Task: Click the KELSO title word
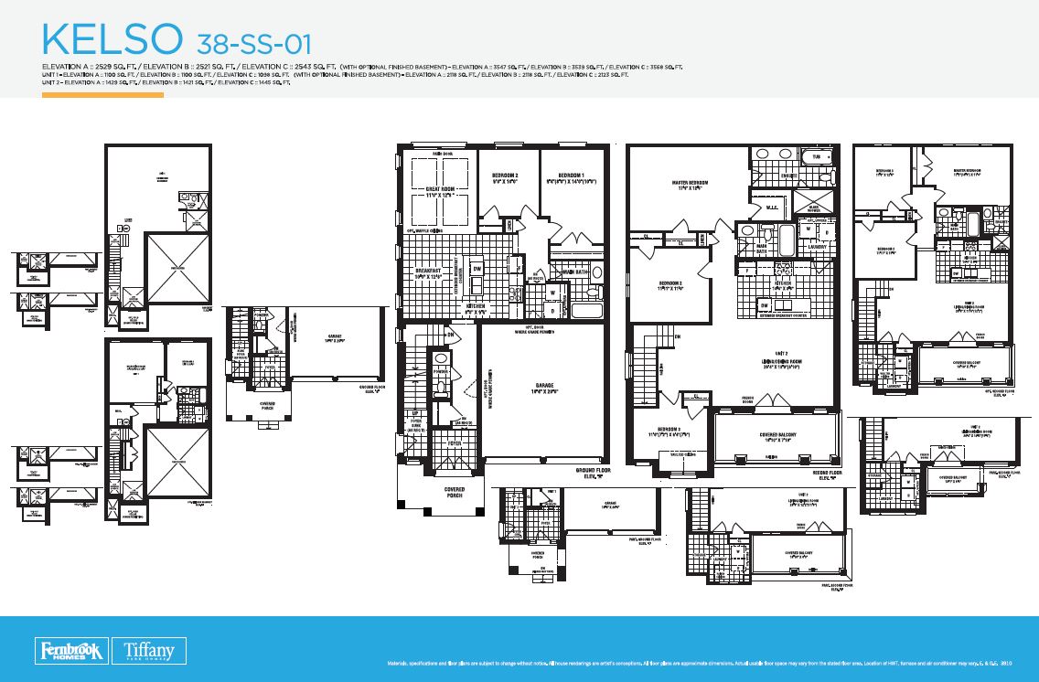pyautogui.click(x=111, y=40)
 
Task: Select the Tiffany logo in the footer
pyautogui.click(x=155, y=650)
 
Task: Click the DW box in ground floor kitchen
pyautogui.click(x=477, y=268)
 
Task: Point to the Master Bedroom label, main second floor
pyautogui.click(x=690, y=186)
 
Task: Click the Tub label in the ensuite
pyautogui.click(x=817, y=156)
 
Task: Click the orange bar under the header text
pyautogui.click(x=102, y=94)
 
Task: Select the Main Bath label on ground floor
pyautogui.click(x=575, y=271)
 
